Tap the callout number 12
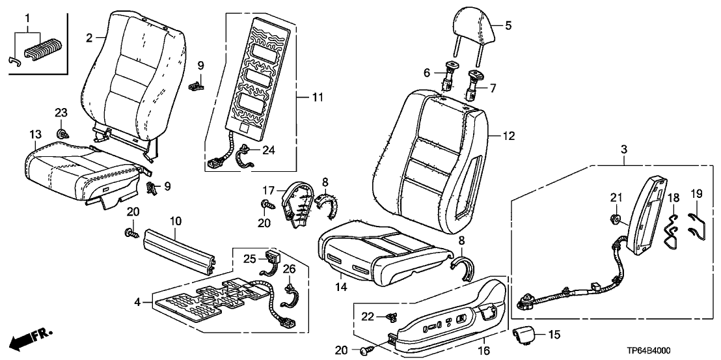[x=510, y=136]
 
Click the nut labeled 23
[x=62, y=134]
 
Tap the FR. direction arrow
[x=29, y=338]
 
